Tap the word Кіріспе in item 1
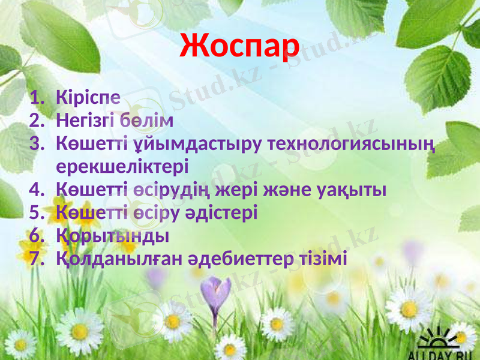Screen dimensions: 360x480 click(88, 97)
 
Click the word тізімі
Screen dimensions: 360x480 click(323, 259)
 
